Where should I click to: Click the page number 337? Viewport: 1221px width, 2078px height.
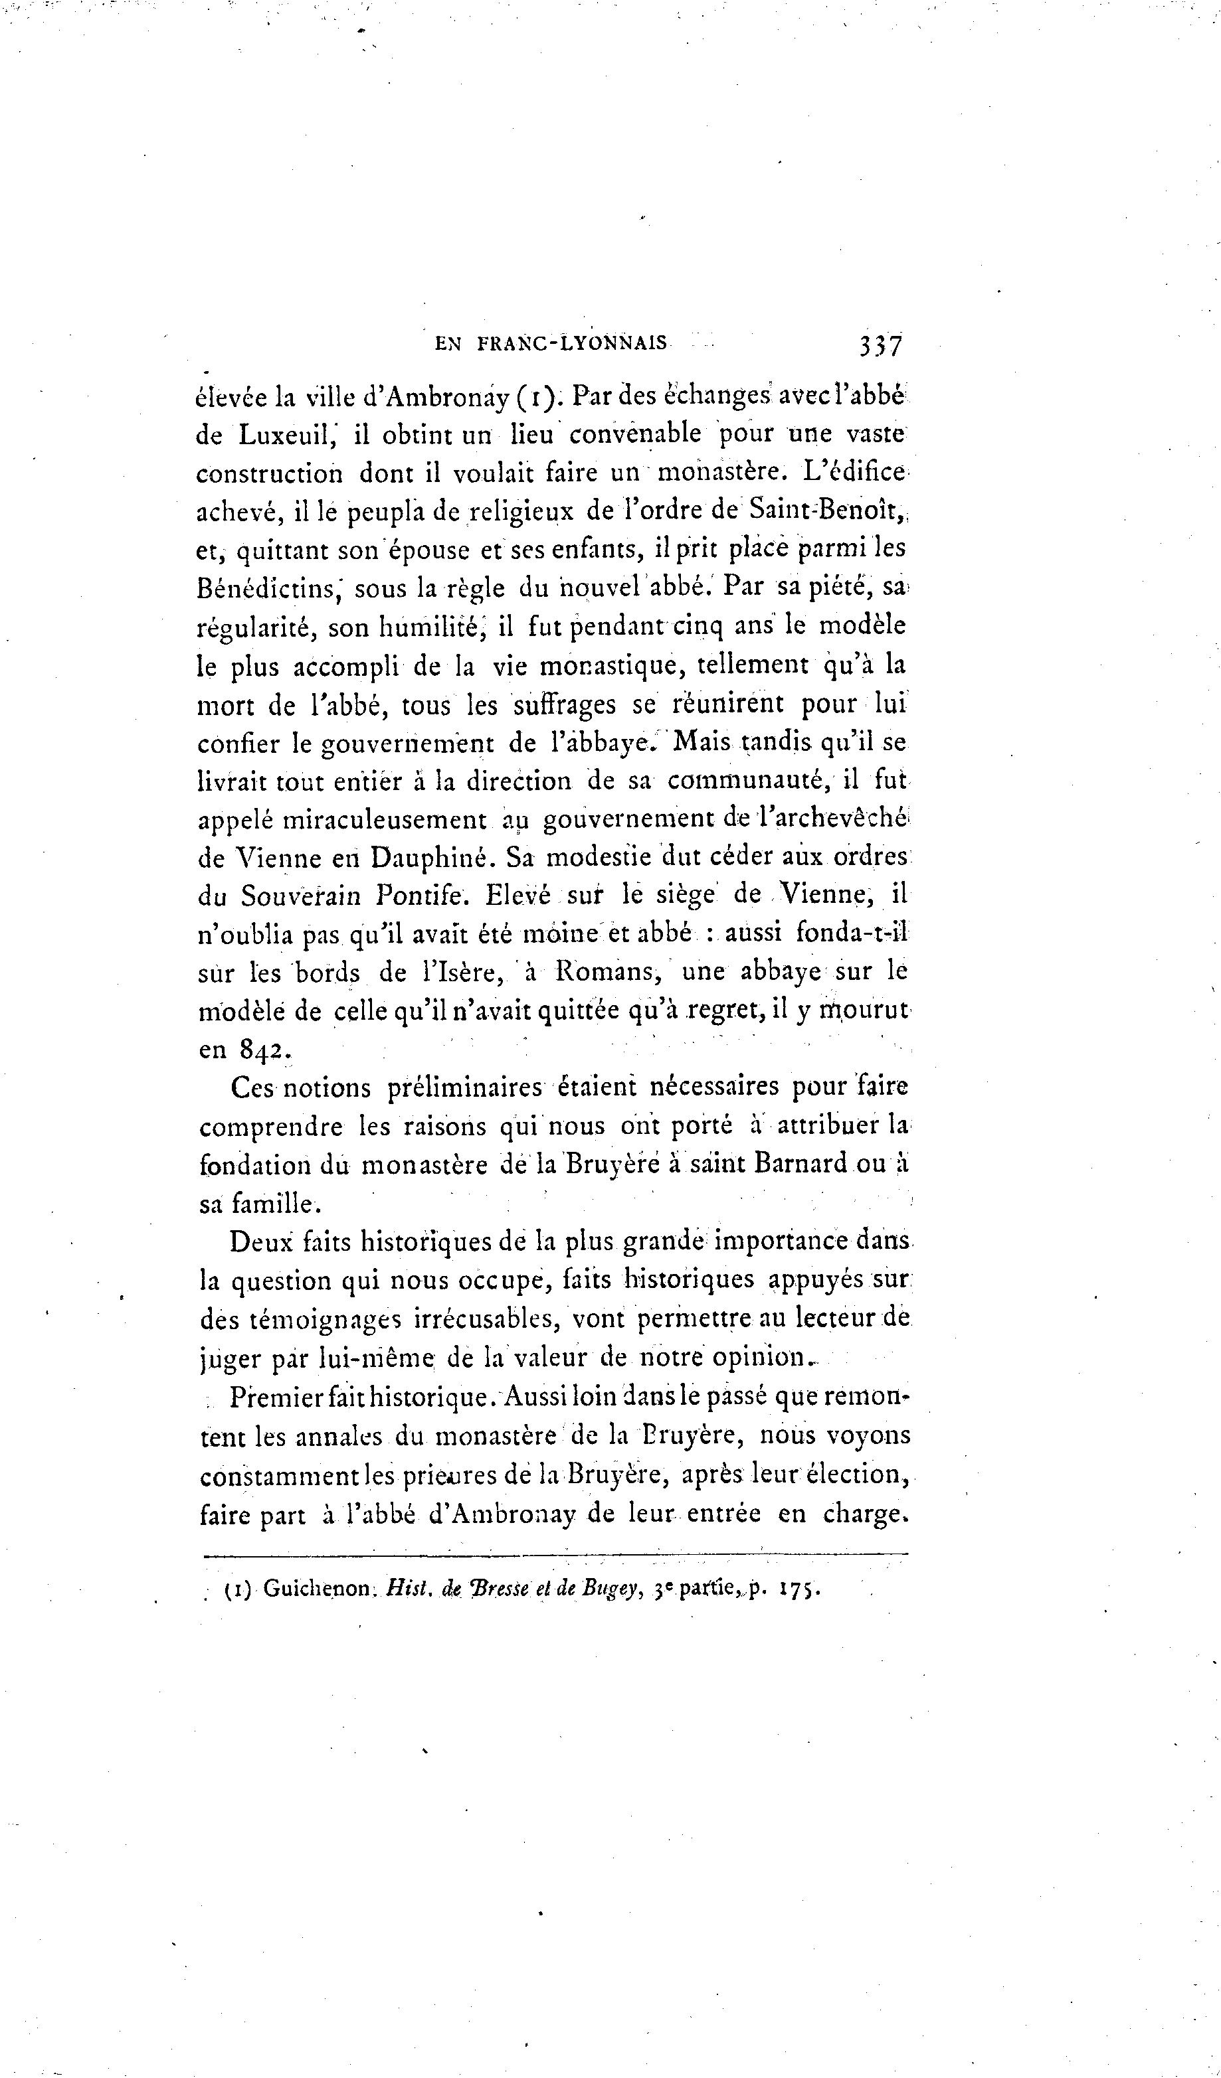tap(880, 344)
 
